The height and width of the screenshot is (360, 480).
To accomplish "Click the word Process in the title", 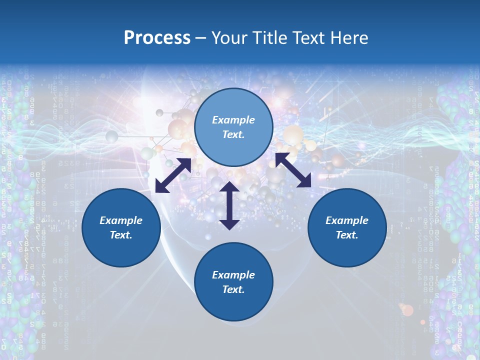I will (157, 38).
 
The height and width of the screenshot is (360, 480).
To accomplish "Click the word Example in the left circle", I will (121, 220).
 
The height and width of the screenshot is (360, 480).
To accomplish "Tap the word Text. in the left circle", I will (121, 235).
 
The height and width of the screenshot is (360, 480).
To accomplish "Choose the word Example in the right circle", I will (347, 220).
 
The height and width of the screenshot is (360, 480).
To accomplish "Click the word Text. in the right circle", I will (347, 235).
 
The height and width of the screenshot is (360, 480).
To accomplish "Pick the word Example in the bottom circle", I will (233, 275).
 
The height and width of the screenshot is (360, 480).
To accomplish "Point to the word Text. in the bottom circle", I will (233, 289).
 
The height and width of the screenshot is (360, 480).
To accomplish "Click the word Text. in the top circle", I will (233, 134).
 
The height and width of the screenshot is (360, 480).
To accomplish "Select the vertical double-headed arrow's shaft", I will (229, 205).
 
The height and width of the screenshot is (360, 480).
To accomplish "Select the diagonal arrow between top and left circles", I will (173, 175).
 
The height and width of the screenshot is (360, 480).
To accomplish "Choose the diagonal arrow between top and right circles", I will (293, 169).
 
